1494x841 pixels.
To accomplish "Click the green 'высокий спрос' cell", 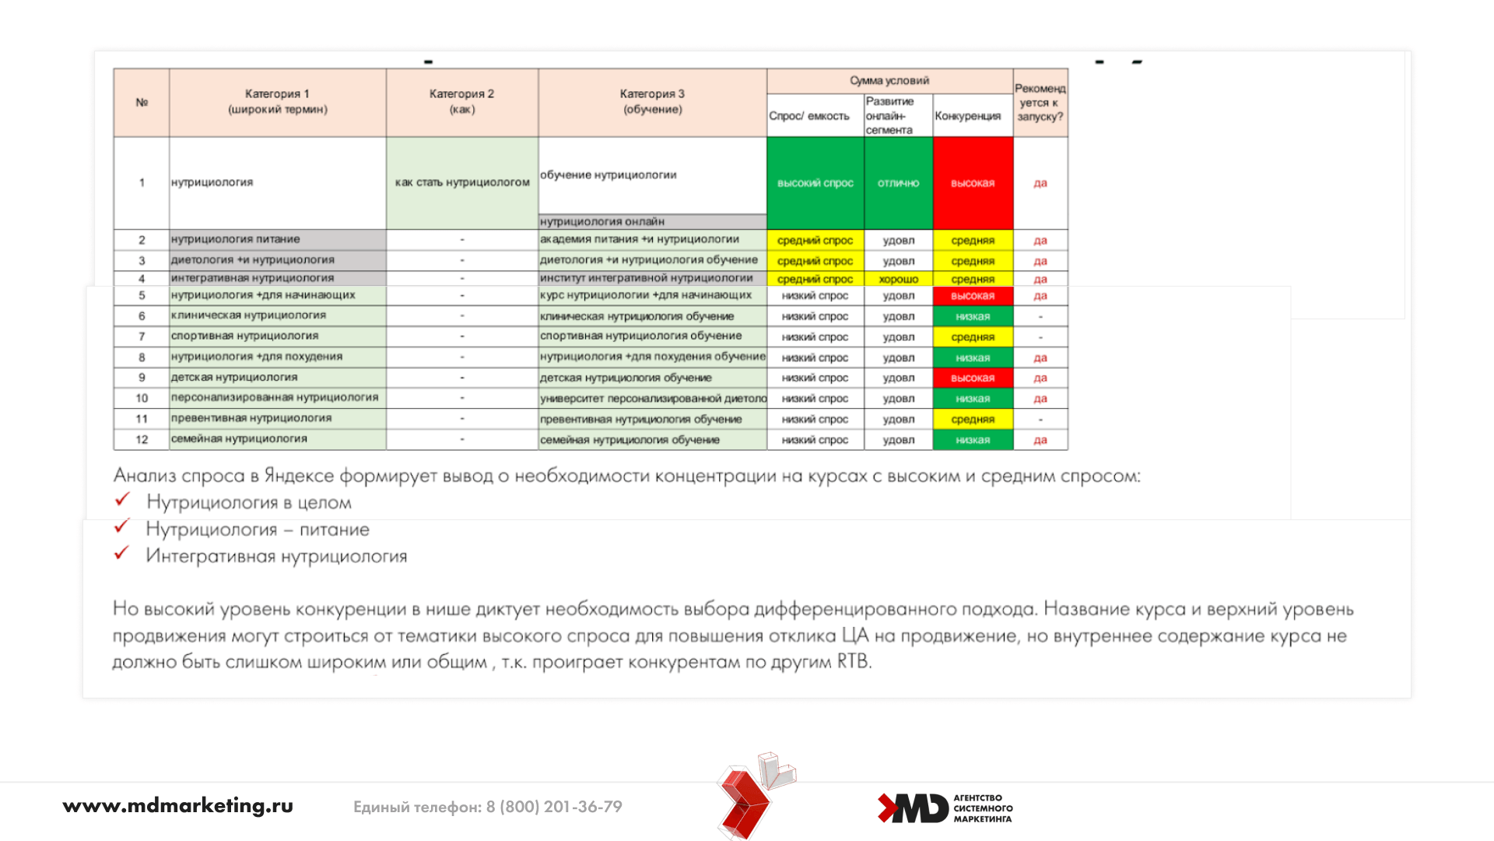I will [815, 183].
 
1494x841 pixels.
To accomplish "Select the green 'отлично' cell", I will [898, 183].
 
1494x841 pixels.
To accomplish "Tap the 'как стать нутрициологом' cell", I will [462, 182].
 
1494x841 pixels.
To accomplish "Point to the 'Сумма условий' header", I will [889, 80].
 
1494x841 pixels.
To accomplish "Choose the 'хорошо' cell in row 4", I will [898, 279].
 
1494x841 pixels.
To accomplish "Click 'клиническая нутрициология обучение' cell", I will [637, 316].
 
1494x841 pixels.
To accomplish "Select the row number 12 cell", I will [142, 439].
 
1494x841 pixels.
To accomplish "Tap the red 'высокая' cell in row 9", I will [973, 378].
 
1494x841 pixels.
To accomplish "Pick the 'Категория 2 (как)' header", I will [462, 102].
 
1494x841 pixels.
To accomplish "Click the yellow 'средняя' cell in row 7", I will [973, 337].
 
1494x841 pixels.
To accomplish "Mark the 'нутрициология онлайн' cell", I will [602, 221].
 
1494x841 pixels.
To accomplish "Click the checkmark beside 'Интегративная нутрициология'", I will [121, 554].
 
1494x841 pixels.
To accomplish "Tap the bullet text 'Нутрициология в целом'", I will [249, 502].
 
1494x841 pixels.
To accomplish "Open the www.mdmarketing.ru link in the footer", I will [177, 806].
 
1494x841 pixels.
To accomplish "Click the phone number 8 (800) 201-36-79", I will [554, 807].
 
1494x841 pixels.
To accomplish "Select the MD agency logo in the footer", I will [945, 808].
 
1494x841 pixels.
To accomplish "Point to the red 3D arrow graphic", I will [749, 798].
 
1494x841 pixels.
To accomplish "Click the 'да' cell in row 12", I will [1040, 440].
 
